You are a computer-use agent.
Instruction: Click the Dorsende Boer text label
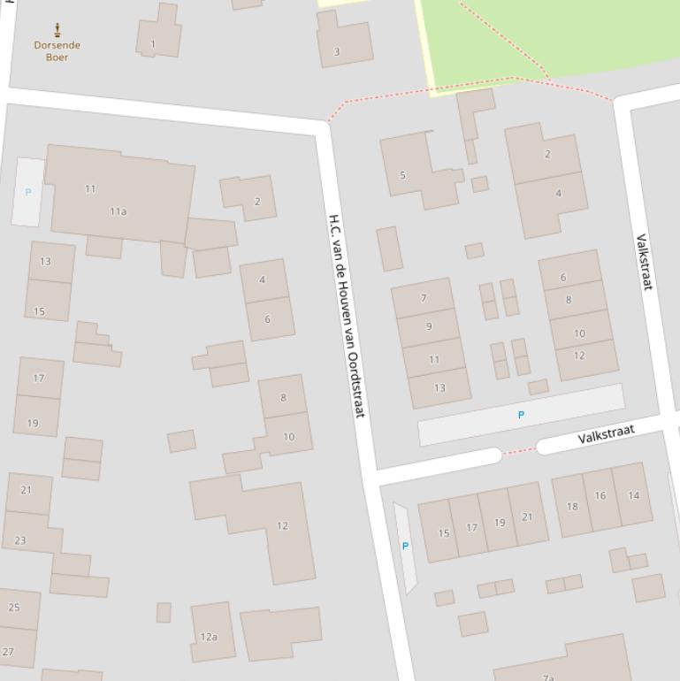pos(57,51)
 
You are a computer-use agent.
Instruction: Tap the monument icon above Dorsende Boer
pos(58,30)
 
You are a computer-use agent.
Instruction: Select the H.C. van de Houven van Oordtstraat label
pos(347,315)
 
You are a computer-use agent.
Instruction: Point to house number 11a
pos(118,211)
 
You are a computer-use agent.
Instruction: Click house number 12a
pos(209,637)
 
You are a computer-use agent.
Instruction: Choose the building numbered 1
pos(153,43)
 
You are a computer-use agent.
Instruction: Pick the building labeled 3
pos(336,51)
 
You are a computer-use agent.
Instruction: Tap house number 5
pos(402,175)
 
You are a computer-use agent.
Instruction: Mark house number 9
pos(429,326)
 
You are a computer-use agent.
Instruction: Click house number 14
pos(633,496)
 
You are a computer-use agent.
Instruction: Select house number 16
pos(600,496)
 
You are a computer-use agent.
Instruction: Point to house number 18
pos(571,507)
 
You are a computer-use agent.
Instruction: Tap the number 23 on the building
pos(20,540)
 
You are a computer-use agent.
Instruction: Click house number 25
pos(13,608)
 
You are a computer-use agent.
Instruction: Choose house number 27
pos(8,652)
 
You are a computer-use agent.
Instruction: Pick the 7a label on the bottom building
pos(548,677)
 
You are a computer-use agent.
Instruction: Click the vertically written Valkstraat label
pos(644,262)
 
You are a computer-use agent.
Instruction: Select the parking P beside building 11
pos(28,192)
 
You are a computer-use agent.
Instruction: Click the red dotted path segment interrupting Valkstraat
pos(519,451)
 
